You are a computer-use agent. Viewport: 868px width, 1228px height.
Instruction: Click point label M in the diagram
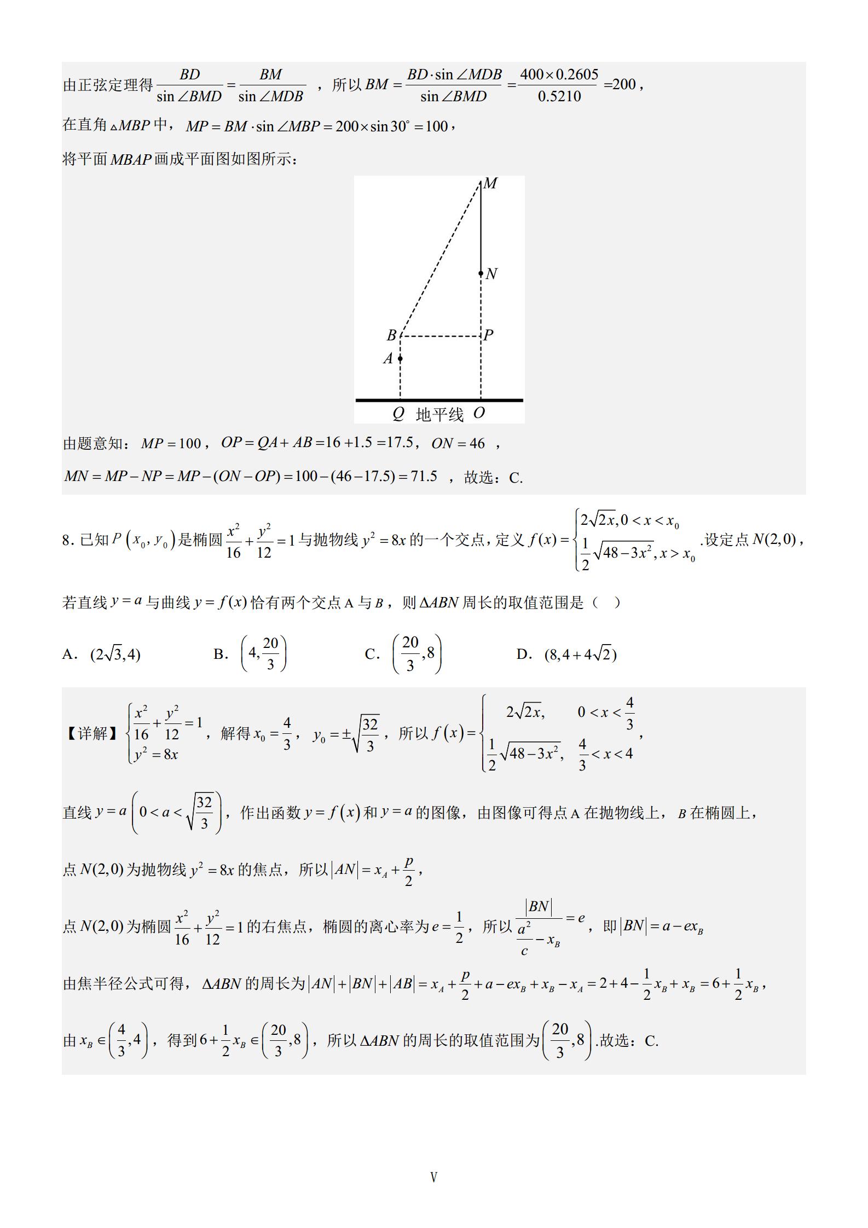pyautogui.click(x=490, y=184)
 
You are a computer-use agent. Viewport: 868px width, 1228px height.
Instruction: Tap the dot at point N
pyautogui.click(x=481, y=274)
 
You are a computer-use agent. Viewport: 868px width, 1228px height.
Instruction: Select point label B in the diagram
pyautogui.click(x=392, y=335)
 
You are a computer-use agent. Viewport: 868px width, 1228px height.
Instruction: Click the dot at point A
pyautogui.click(x=400, y=359)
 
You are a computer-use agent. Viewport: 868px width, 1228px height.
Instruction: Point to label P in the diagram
pyautogui.click(x=489, y=335)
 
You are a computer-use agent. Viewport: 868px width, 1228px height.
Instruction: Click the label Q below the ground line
pyautogui.click(x=398, y=414)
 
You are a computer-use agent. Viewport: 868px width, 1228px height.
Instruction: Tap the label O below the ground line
pyautogui.click(x=479, y=413)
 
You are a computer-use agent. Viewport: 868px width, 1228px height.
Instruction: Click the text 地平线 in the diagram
pyautogui.click(x=439, y=415)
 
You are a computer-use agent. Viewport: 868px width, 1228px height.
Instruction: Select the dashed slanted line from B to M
pyautogui.click(x=441, y=257)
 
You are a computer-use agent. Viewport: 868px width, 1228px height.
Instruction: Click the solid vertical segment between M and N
pyautogui.click(x=481, y=227)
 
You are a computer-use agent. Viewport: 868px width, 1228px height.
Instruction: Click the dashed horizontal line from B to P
pyautogui.click(x=441, y=336)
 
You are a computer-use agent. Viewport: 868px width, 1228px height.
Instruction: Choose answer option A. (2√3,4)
pyautogui.click(x=102, y=654)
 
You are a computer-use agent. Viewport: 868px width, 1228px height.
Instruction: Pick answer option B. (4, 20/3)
pyautogui.click(x=250, y=653)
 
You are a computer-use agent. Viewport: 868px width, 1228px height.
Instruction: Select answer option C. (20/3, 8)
pyautogui.click(x=403, y=653)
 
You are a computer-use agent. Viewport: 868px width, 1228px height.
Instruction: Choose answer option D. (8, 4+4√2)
pyautogui.click(x=566, y=654)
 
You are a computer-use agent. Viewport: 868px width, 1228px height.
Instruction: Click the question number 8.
pyautogui.click(x=66, y=541)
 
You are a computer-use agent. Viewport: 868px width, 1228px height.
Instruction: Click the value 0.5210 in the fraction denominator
pyautogui.click(x=559, y=97)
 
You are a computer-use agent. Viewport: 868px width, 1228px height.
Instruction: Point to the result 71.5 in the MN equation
pyautogui.click(x=424, y=476)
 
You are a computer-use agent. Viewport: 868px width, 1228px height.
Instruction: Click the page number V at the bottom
pyautogui.click(x=434, y=1177)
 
